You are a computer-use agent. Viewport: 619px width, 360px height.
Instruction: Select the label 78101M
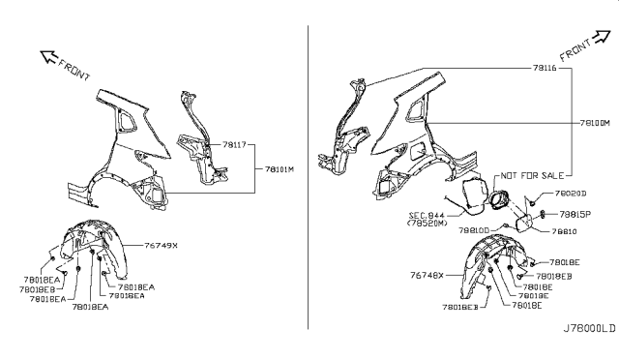[280, 167]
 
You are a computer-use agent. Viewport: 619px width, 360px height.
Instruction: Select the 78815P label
[575, 213]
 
